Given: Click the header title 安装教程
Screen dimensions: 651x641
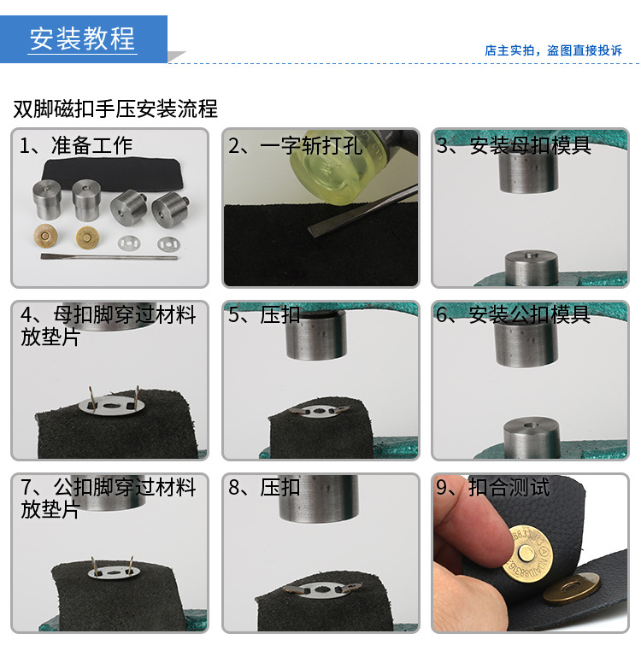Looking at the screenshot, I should pos(83,38).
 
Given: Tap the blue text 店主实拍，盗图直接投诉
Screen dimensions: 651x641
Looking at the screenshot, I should pos(553,50).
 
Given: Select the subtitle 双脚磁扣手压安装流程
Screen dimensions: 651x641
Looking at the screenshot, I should pos(115,108).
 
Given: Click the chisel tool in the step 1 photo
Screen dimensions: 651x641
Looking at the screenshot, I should pos(109,255).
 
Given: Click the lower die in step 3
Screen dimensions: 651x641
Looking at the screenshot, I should pos(532,268).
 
